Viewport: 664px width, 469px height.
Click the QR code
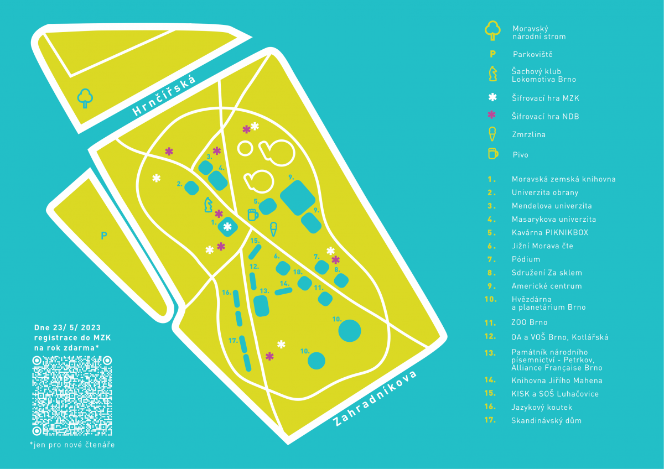click(x=72, y=396)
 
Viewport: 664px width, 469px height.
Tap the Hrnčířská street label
click(x=164, y=95)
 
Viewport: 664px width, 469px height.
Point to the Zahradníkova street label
click(x=375, y=399)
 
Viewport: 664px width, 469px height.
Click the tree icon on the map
click(x=85, y=98)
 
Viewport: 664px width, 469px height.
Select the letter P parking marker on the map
click(x=104, y=236)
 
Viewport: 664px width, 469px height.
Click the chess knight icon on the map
click(x=209, y=205)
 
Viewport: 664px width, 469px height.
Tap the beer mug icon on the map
click(x=253, y=215)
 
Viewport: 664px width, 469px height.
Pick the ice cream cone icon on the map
click(x=273, y=230)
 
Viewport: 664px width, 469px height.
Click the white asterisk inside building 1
click(x=227, y=227)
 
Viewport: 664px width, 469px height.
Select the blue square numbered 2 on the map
click(x=192, y=188)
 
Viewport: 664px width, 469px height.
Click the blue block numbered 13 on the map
click(x=261, y=306)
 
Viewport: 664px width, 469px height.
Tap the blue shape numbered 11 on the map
click(x=325, y=299)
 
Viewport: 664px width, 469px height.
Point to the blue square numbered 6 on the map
click(x=283, y=268)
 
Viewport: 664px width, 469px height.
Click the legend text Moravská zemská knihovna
click(x=563, y=179)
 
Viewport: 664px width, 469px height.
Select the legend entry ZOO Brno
click(x=529, y=322)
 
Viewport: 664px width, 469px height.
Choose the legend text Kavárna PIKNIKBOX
click(x=550, y=233)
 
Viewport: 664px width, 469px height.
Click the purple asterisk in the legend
click(x=492, y=114)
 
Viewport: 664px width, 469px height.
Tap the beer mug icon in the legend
click(x=493, y=153)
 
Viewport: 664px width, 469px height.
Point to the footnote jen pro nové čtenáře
click(x=72, y=445)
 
